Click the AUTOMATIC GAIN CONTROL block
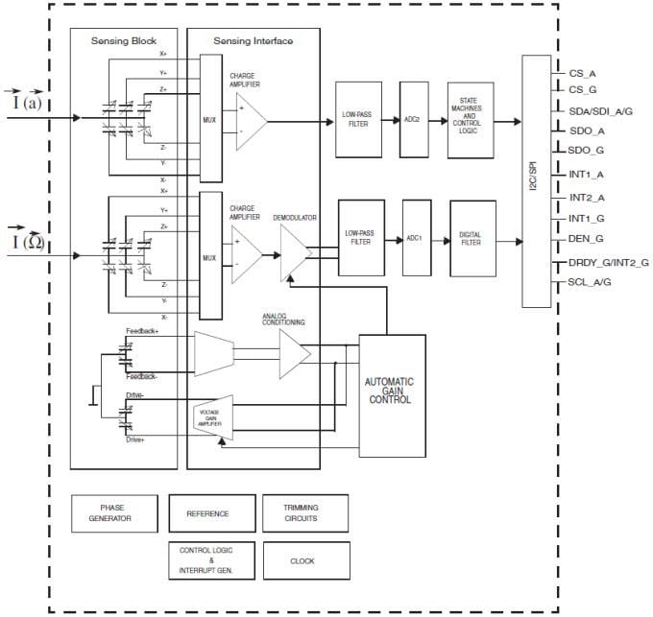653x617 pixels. (392, 394)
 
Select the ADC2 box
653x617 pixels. (413, 121)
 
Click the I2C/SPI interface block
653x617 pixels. (536, 181)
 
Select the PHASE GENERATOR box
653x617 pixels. (112, 513)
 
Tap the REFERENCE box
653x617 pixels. (207, 513)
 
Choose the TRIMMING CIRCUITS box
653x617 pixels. (302, 513)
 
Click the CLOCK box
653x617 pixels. (302, 560)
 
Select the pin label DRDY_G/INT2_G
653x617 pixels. (603, 262)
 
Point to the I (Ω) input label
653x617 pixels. (28, 241)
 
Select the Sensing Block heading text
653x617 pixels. (123, 41)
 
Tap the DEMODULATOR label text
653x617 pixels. (294, 218)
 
